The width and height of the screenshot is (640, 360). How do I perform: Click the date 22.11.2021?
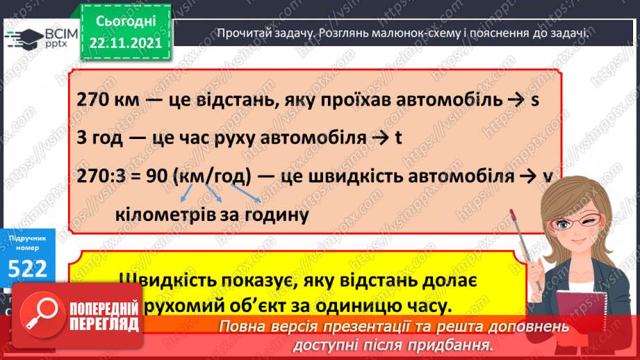click(x=125, y=42)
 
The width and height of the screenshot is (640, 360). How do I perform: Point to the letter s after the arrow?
click(x=535, y=100)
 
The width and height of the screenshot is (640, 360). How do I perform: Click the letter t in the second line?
click(x=398, y=138)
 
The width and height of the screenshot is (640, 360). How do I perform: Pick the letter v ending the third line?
click(x=547, y=176)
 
